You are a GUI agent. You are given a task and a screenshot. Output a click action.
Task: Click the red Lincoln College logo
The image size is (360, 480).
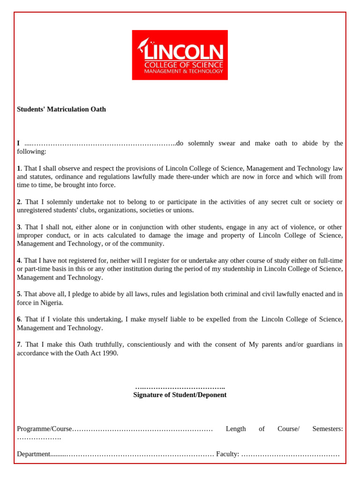coord(180,55)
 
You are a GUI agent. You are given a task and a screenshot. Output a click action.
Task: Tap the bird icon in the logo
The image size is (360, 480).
coord(143,45)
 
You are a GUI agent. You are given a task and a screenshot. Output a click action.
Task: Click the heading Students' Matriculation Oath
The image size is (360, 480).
coord(61,109)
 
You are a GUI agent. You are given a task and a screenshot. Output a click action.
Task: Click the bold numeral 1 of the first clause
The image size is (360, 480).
coord(19,168)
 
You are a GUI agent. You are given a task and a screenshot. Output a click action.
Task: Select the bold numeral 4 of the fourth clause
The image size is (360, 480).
coord(19,260)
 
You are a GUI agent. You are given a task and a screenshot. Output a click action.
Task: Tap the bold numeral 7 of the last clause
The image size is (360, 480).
coord(19,345)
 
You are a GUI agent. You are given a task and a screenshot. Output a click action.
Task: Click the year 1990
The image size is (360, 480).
coord(109,353)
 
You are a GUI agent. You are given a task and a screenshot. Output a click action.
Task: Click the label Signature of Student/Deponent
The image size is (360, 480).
coord(180,395)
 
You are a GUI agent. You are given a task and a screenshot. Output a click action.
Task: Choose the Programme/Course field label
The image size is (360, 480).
coord(45,429)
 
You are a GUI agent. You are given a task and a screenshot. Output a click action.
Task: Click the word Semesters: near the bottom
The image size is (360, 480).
coord(327,429)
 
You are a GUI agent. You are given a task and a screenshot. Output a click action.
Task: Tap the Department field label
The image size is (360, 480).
coord(33,454)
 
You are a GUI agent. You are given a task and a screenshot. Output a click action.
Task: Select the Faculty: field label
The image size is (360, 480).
coord(227,454)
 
